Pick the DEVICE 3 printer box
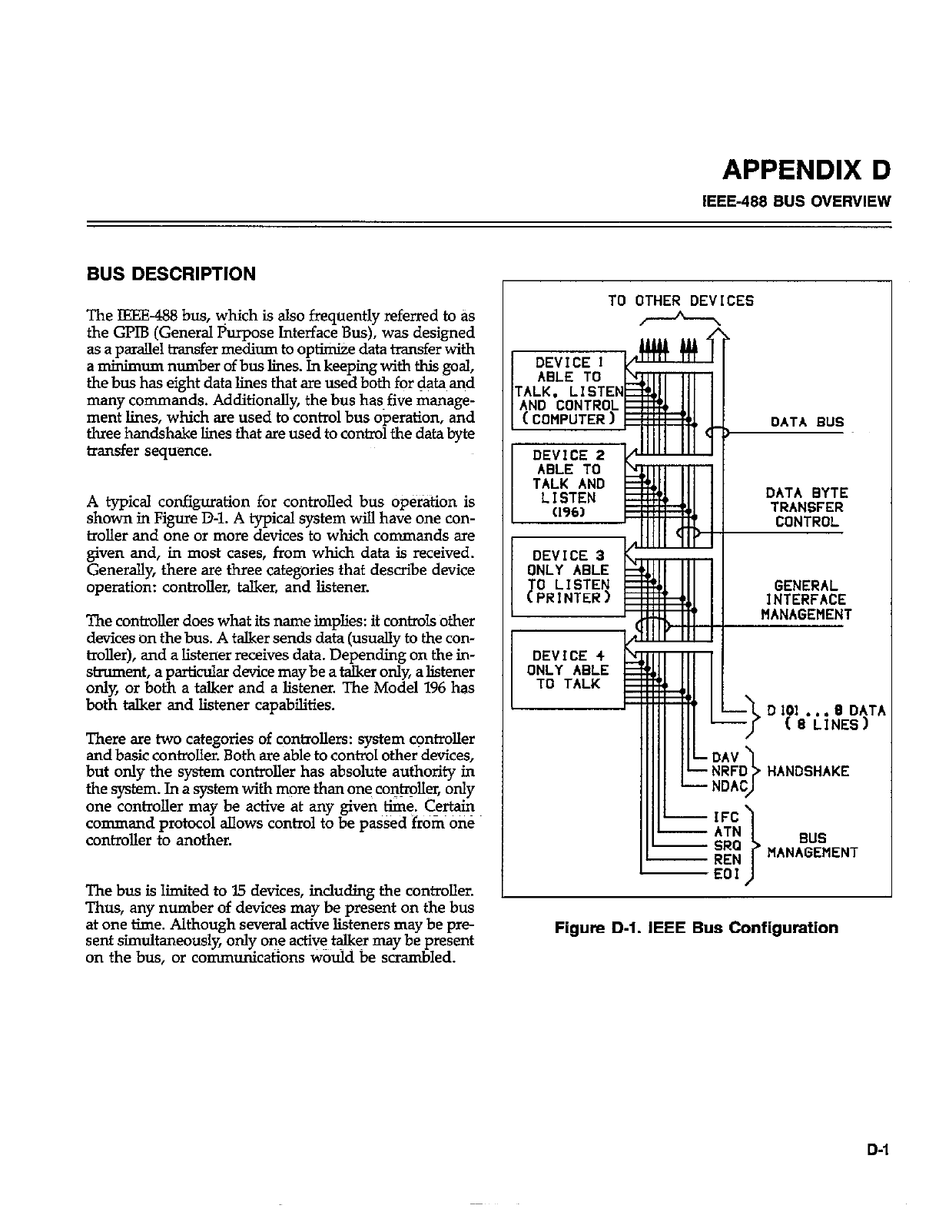568,576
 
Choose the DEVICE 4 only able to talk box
568,669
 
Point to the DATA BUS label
807,422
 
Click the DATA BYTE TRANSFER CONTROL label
807,508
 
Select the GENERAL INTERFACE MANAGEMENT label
806,599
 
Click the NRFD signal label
727,772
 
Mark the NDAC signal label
727,786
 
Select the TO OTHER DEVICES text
681,301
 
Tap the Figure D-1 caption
696,928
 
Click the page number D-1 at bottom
878,1150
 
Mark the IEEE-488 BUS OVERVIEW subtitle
797,202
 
